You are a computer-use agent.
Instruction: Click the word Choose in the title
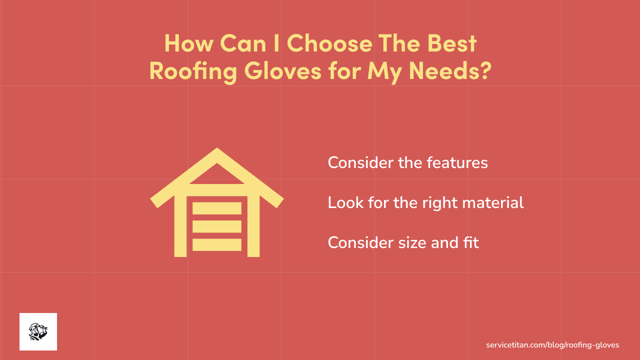329,43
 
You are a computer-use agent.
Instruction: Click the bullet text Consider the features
407,162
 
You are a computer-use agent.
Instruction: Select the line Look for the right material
425,202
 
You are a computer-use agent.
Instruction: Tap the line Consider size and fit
403,242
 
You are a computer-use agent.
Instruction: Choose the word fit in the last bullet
470,242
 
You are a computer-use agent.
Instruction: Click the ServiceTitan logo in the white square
38,331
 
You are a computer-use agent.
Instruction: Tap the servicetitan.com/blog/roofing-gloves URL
552,345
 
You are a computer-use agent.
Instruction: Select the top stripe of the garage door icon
217,208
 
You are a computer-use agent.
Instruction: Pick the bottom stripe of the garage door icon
217,244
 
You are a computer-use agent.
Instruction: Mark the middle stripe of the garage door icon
217,226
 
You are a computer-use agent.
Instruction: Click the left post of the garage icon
180,225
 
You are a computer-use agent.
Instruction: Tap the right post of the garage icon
253,225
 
